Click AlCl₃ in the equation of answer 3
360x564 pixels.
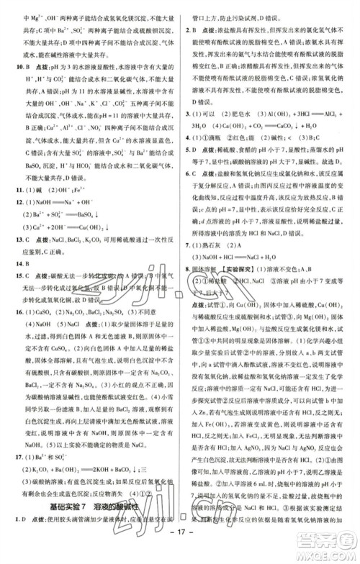(x=335, y=114)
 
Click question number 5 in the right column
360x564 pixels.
(x=188, y=150)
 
